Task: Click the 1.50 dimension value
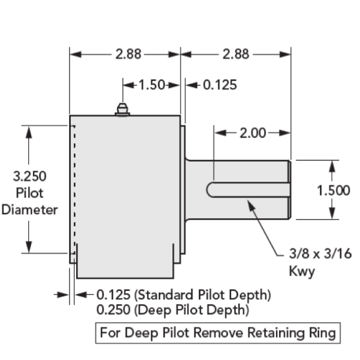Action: click(151, 85)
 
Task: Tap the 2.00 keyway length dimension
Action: click(253, 133)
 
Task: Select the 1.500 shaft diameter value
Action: click(333, 190)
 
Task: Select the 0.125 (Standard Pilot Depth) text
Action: click(184, 295)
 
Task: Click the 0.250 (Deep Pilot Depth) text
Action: click(173, 310)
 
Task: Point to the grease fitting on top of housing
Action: click(122, 109)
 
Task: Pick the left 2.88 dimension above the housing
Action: click(128, 54)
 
